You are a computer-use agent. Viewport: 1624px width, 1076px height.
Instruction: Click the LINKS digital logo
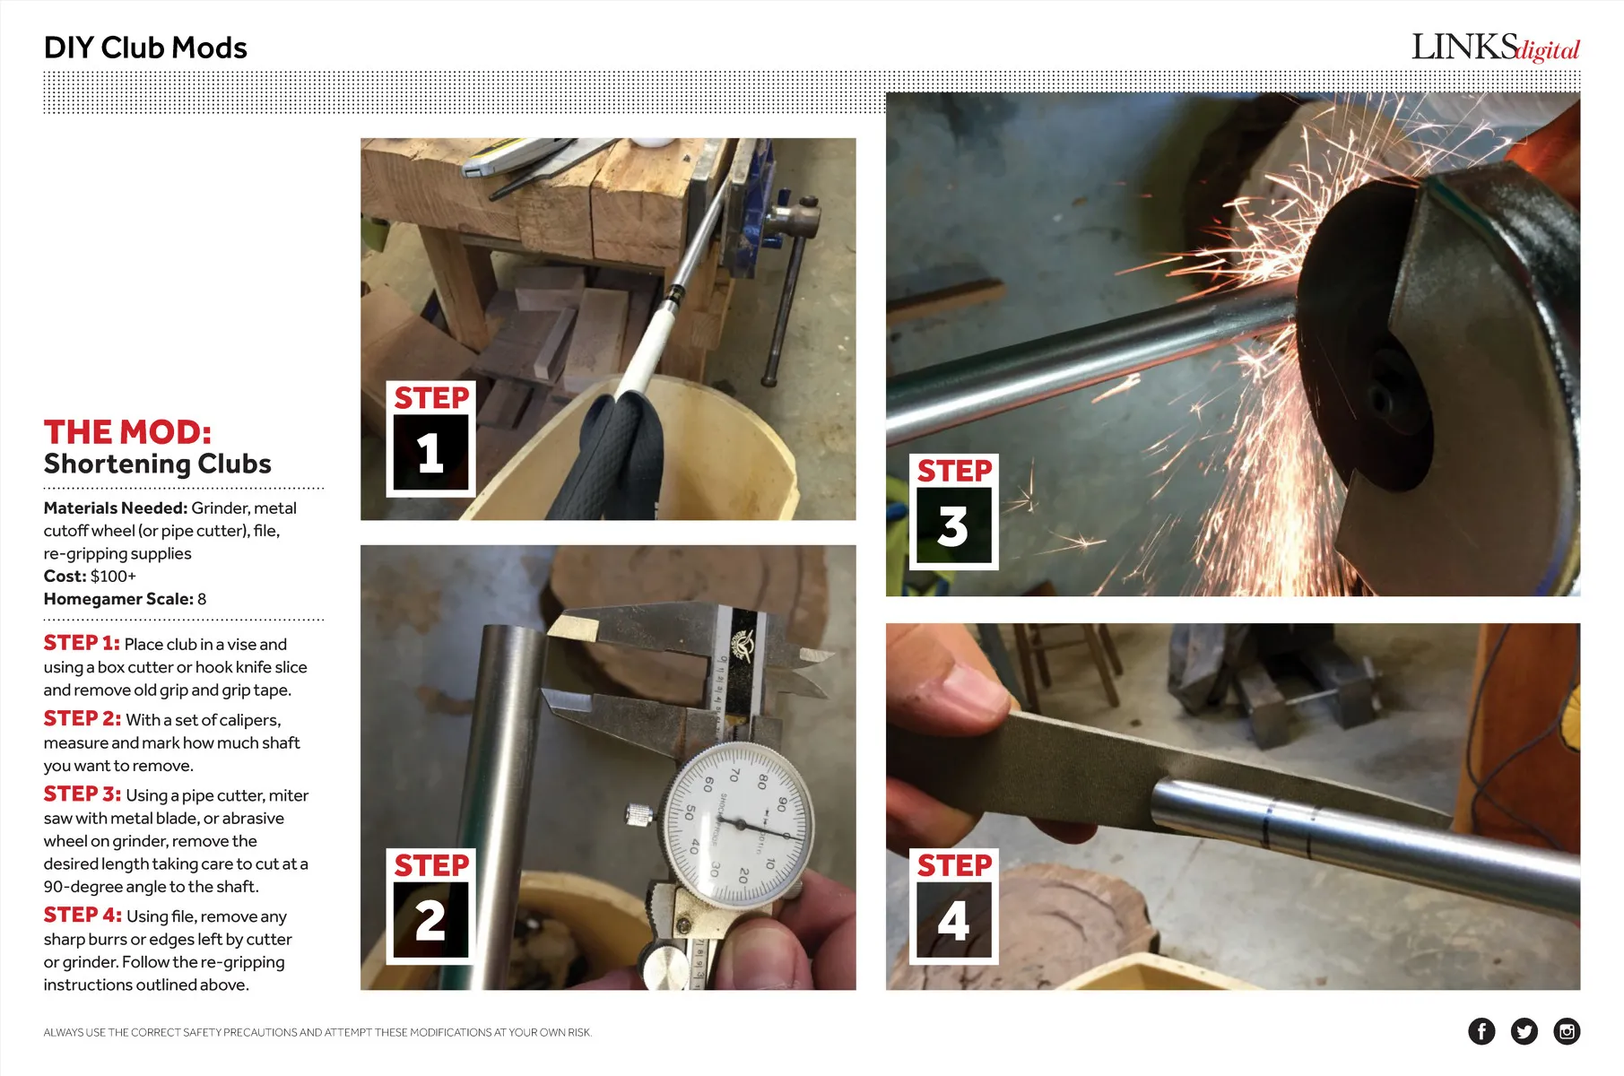[x=1495, y=48]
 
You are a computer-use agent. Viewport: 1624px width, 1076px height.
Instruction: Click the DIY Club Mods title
[x=145, y=48]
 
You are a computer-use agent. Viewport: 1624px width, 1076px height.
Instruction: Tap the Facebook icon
[x=1481, y=1031]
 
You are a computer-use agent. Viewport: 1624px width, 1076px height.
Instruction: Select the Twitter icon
[x=1524, y=1031]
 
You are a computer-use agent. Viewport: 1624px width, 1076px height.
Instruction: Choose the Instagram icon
[x=1567, y=1031]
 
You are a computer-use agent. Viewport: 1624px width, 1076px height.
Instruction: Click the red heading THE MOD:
[x=127, y=432]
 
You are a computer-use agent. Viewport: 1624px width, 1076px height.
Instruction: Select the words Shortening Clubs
[x=158, y=464]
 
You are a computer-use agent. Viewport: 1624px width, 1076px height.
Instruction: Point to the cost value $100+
[x=113, y=576]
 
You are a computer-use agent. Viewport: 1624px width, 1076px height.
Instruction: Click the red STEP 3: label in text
[x=83, y=794]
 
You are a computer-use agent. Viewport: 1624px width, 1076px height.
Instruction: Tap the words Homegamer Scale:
[x=118, y=599]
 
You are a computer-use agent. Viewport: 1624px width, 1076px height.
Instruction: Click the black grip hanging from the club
[x=619, y=457]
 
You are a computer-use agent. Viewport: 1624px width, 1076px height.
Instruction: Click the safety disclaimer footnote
[x=317, y=1033]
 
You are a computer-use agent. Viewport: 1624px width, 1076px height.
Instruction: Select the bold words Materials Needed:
[x=116, y=508]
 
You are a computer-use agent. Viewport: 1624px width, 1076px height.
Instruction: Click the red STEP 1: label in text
[x=82, y=643]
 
